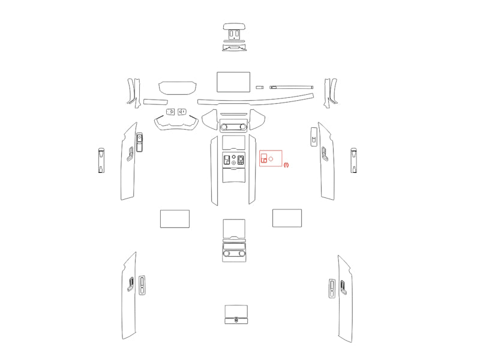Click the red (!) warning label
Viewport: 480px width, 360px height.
[x=286, y=164]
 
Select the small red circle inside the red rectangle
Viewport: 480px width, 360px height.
[x=271, y=159]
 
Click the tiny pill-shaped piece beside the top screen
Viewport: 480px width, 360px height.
[x=260, y=88]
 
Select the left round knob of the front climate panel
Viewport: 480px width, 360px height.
[x=224, y=127]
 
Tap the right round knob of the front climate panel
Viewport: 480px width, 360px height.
[x=243, y=127]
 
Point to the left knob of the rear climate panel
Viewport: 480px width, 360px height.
[x=227, y=253]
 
